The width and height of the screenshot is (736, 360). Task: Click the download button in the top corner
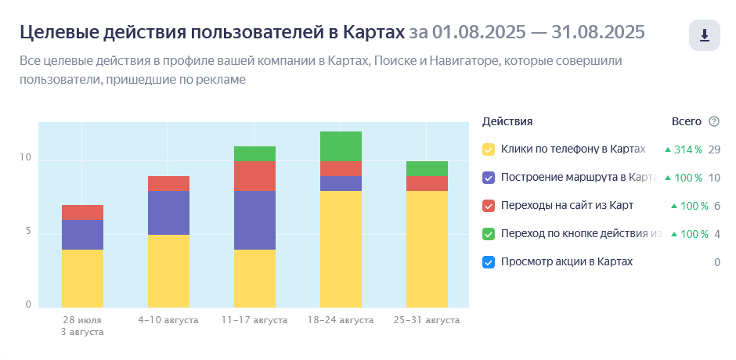tap(704, 35)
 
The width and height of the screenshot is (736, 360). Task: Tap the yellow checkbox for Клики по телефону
tap(489, 149)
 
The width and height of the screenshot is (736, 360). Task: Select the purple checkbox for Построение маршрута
tap(489, 178)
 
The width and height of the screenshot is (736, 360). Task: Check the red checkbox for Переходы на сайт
tap(489, 206)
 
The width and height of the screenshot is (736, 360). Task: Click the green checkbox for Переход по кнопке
tap(489, 234)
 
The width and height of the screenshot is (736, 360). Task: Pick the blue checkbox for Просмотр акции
tap(489, 262)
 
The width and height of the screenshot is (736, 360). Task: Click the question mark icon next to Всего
tap(713, 121)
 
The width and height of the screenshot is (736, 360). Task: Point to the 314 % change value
tap(686, 149)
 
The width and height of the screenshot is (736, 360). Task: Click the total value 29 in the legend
tap(713, 149)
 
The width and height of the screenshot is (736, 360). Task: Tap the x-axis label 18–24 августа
tap(341, 320)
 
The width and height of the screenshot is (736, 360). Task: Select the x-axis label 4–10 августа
tap(168, 320)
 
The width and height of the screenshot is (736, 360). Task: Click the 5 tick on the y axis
tap(28, 232)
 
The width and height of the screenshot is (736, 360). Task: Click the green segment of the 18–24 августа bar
tap(341, 146)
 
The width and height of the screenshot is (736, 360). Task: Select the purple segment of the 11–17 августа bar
tap(254, 220)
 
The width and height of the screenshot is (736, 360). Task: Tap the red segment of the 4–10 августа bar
tap(168, 183)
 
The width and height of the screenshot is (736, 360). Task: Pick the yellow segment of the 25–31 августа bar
tap(427, 249)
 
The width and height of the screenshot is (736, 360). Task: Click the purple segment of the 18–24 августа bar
tap(341, 183)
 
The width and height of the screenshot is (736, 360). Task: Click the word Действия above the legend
tap(507, 121)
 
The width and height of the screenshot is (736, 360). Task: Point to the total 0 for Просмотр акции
tap(716, 262)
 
